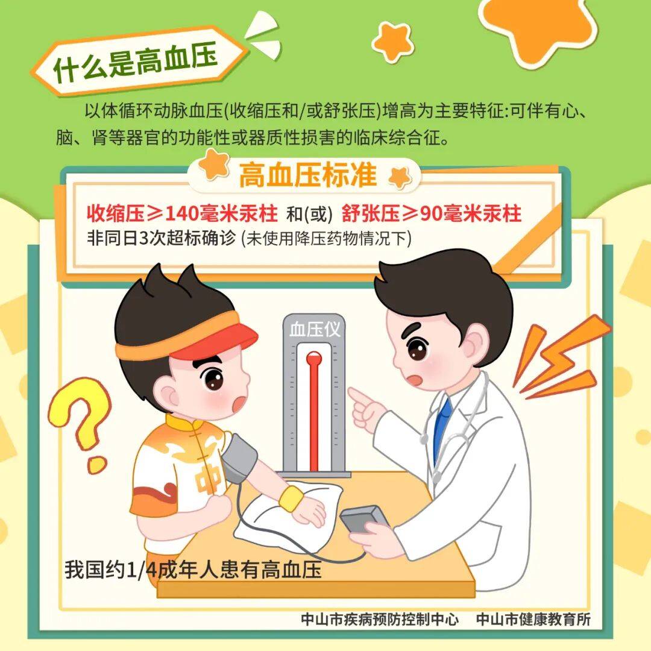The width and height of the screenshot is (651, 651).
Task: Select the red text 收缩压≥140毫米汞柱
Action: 181,214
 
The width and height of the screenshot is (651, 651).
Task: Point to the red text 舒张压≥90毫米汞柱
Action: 432,214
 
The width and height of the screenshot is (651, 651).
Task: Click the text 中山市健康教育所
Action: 533,619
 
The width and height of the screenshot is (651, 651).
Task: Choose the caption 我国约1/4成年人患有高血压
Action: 193,570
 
